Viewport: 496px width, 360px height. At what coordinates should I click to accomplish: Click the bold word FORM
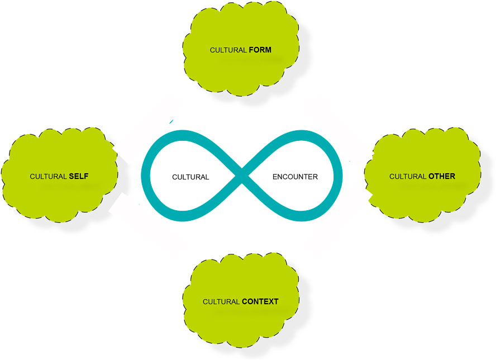[x=260, y=50]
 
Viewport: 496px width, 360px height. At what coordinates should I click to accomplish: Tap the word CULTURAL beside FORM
[x=228, y=50]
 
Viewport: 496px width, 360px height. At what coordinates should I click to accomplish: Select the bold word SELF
[x=79, y=176]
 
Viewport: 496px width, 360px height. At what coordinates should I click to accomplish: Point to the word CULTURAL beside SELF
[x=48, y=176]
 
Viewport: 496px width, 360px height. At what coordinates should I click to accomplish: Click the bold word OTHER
[x=442, y=176]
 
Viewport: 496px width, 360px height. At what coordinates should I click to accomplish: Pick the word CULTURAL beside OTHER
[x=408, y=176]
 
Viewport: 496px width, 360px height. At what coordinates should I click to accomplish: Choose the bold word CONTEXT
[x=260, y=301]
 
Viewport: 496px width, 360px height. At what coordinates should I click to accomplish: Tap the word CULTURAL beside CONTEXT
[x=221, y=302]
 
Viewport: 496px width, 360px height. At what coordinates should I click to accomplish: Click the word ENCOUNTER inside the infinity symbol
[x=295, y=177]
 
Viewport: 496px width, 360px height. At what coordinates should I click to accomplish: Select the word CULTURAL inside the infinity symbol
[x=190, y=177]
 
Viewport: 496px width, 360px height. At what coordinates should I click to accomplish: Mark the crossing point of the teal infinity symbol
[x=242, y=176]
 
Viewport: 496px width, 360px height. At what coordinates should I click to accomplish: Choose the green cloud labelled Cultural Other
[x=423, y=175]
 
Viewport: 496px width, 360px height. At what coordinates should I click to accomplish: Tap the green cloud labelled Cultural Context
[x=241, y=300]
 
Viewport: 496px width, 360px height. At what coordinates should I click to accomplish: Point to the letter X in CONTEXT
[x=270, y=301]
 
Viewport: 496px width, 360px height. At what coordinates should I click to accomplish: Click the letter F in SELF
[x=87, y=176]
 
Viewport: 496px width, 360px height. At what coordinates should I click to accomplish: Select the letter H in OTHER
[x=440, y=176]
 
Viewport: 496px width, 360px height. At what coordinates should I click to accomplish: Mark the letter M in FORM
[x=268, y=50]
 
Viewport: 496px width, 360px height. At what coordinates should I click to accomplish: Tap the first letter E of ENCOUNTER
[x=275, y=177]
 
